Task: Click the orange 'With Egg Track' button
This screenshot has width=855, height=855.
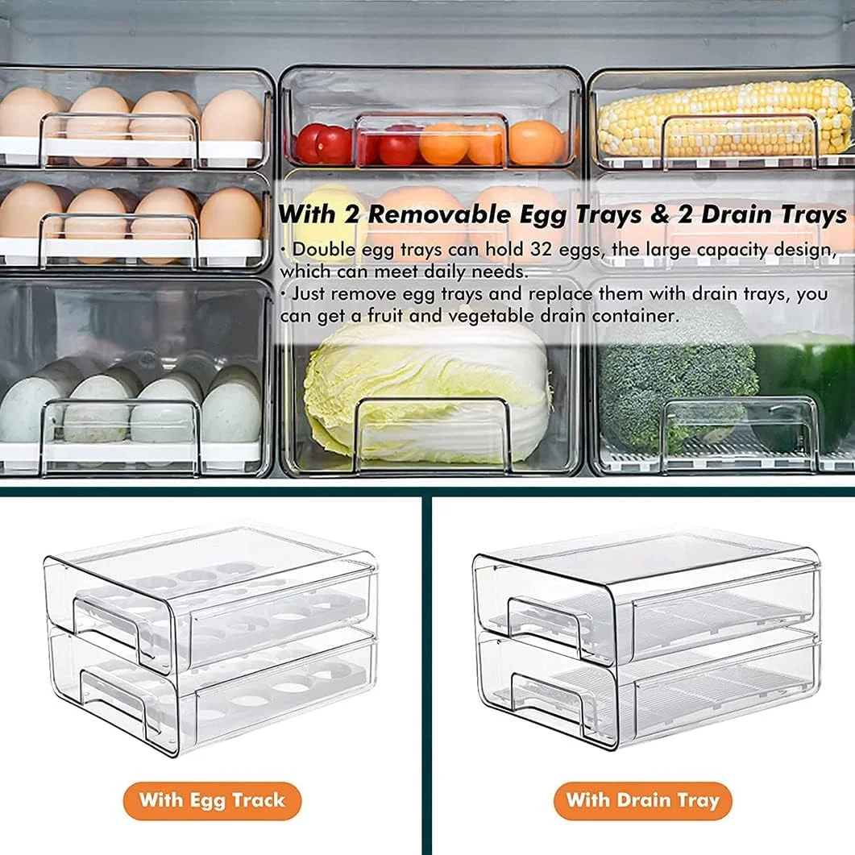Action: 212,800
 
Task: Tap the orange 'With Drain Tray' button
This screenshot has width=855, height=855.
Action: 642,800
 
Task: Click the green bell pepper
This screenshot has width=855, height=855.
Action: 807,387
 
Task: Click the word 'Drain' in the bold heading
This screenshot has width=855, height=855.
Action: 733,214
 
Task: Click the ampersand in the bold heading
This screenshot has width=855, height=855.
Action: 659,214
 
